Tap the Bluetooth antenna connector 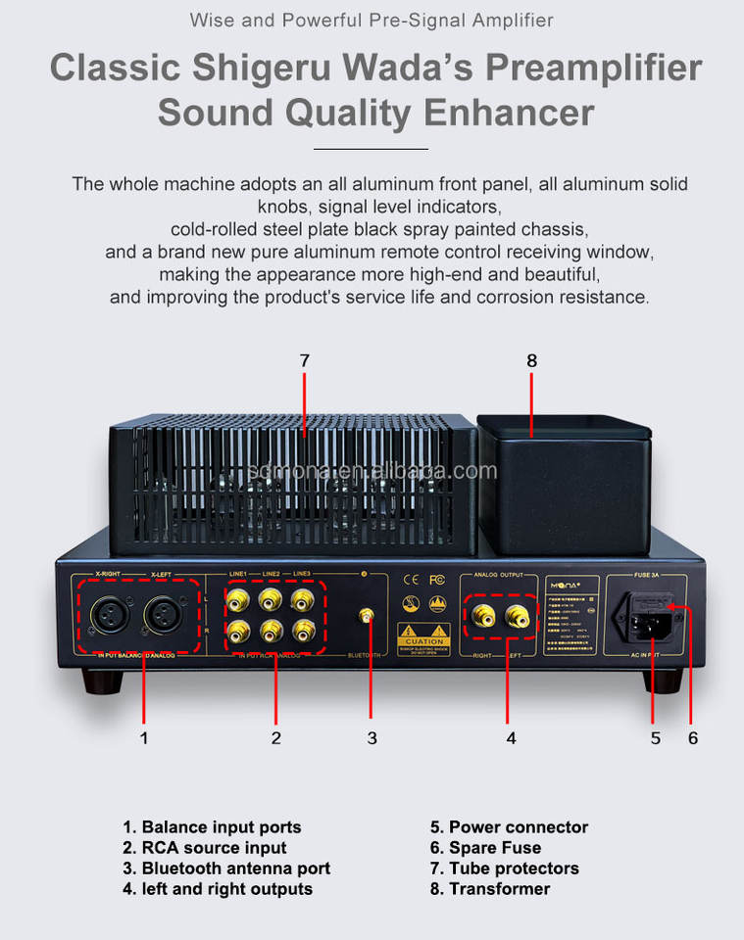coord(366,617)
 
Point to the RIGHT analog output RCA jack coord(484,616)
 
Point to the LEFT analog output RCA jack coord(517,616)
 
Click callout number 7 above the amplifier coord(304,361)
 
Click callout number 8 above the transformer coord(532,361)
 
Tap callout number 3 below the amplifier coord(372,738)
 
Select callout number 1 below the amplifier coord(144,738)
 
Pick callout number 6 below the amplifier coord(693,738)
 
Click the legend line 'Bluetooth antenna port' coord(226,869)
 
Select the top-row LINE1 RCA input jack coord(238,598)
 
